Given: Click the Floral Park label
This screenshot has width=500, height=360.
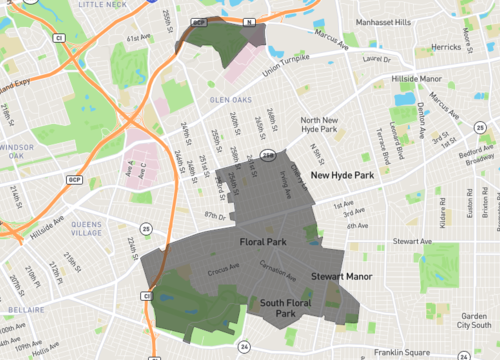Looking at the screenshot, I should tap(264, 242).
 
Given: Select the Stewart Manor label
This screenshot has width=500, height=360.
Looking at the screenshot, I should tap(341, 273).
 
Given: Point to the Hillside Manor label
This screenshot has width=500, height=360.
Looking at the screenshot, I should tap(417, 78).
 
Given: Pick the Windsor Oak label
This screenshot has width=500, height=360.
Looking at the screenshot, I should tap(16, 151).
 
